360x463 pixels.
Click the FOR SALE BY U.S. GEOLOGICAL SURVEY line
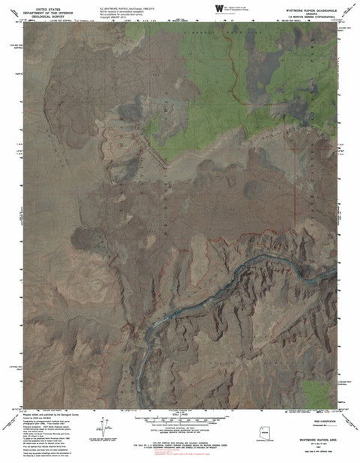pos(180,429)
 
